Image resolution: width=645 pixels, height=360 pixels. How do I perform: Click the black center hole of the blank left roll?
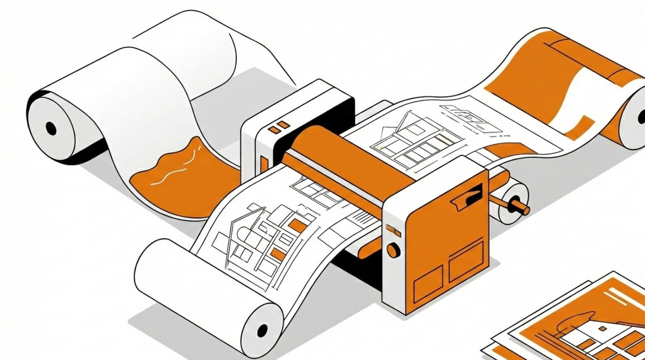[51, 128]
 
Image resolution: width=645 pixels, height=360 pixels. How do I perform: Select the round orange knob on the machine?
[393, 250]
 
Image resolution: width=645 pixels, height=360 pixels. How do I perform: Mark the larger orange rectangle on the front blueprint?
[297, 225]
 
